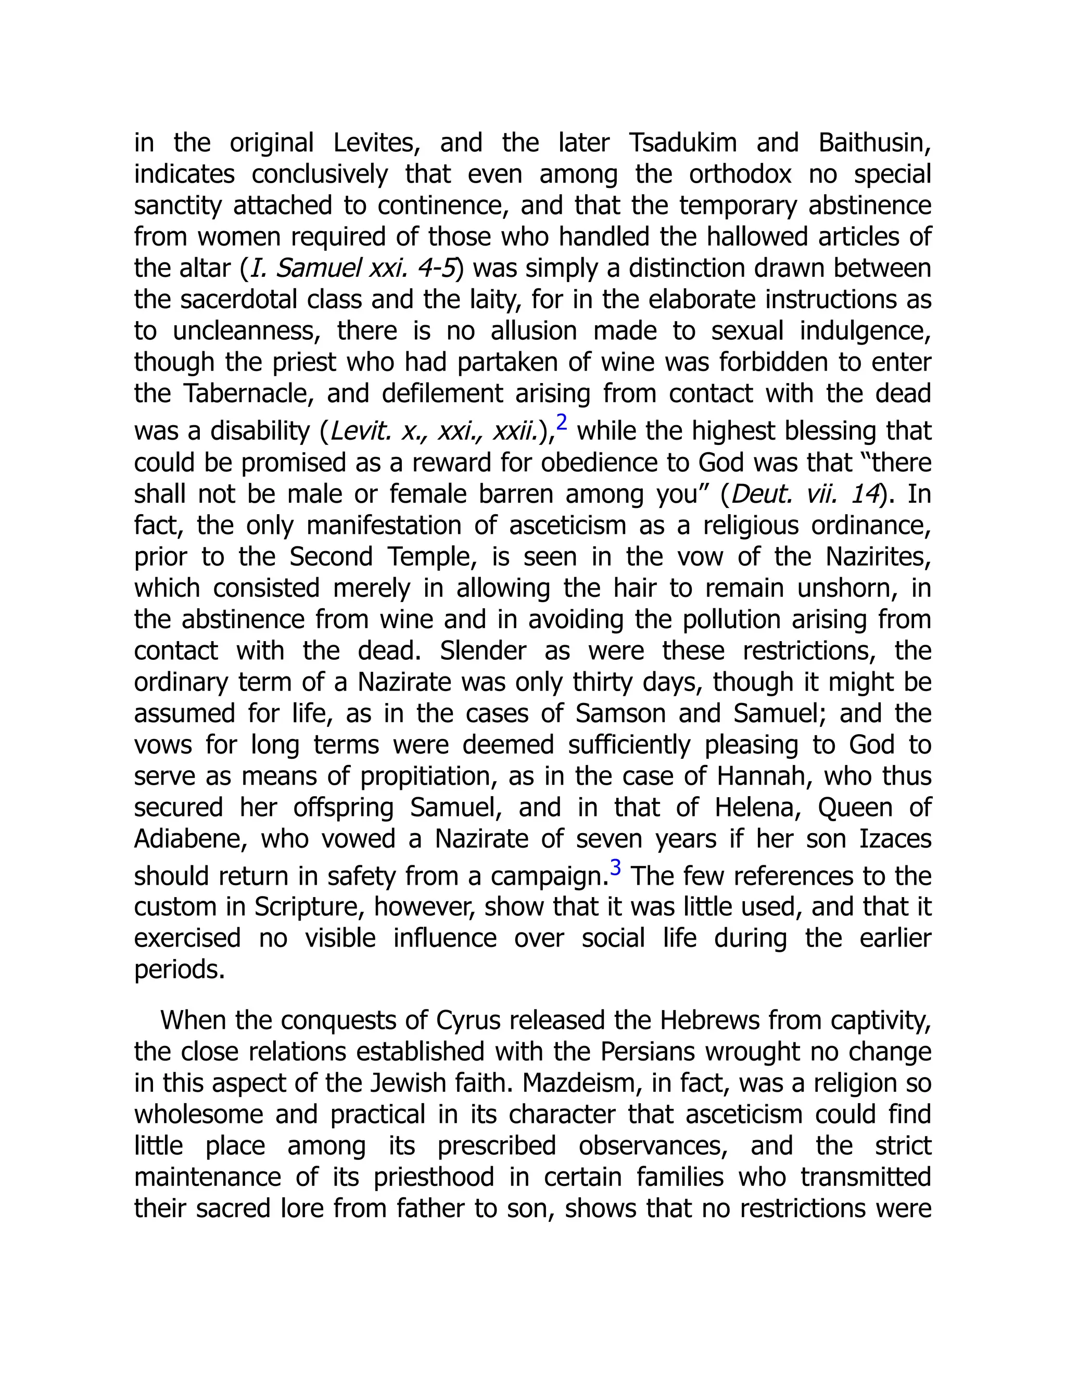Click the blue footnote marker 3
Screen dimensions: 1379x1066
coord(615,867)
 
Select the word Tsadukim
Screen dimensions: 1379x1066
coord(683,143)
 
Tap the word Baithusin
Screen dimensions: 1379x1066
coord(874,143)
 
